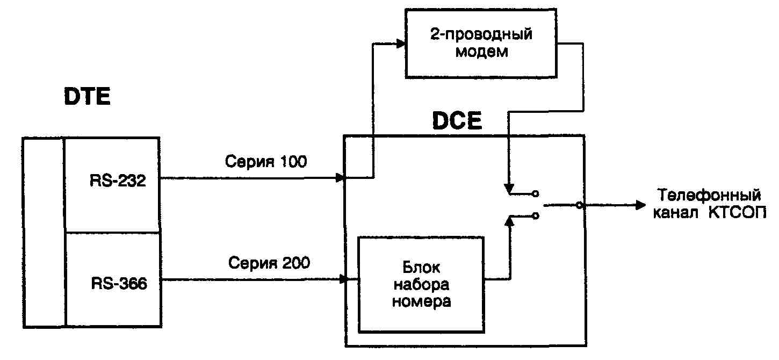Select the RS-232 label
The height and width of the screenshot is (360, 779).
pos(118,181)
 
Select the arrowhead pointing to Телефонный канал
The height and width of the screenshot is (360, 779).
pos(639,205)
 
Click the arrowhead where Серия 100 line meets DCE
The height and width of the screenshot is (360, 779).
pos(340,177)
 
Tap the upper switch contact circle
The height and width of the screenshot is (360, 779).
pos(535,193)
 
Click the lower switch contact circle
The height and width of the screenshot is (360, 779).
pos(535,216)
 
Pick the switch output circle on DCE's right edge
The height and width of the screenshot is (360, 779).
pos(578,205)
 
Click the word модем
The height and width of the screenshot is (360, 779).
pos(481,53)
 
